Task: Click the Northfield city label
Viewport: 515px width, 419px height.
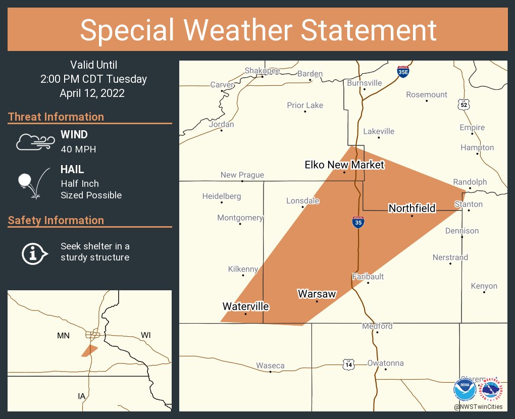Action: [411, 208]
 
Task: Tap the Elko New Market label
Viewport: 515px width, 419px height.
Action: [344, 165]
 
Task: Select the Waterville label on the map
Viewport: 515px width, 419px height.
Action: [245, 306]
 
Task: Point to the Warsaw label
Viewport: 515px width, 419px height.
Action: [317, 294]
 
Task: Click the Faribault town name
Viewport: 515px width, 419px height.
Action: [368, 277]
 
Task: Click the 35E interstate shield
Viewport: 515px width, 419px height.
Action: [403, 71]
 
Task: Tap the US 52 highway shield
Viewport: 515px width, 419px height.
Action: [465, 104]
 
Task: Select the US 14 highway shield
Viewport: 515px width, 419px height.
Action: [348, 363]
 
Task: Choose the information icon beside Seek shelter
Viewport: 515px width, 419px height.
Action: [34, 253]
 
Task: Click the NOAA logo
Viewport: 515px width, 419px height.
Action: [465, 391]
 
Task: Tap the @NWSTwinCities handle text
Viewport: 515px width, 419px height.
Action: [478, 406]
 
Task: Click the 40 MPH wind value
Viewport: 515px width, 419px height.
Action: [78, 149]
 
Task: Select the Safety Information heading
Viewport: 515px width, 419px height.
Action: [56, 220]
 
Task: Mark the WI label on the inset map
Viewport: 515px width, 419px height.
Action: [146, 335]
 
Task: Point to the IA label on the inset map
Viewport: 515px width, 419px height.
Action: [81, 396]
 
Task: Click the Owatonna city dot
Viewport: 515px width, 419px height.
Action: [385, 369]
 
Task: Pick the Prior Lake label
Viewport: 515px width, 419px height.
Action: [305, 105]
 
